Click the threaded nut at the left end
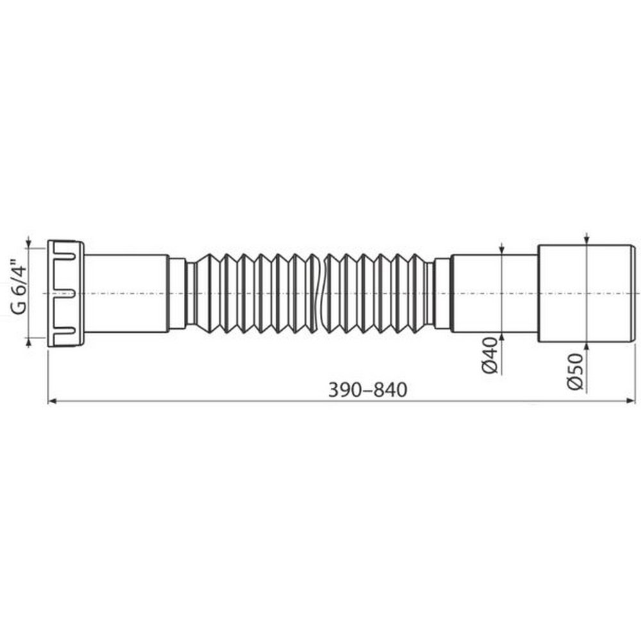click(x=66, y=294)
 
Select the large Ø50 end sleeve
click(x=585, y=294)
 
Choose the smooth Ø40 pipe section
click(x=494, y=294)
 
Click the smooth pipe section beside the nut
click(x=126, y=294)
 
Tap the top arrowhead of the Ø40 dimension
click(x=501, y=251)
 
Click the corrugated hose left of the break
click(x=256, y=294)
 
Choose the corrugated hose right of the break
click(x=378, y=294)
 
